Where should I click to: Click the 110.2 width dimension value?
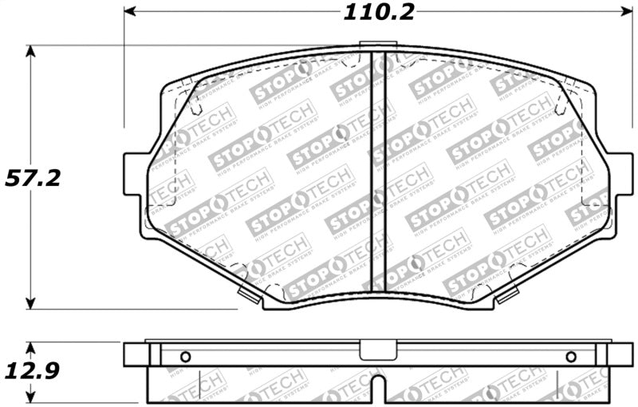(x=374, y=14)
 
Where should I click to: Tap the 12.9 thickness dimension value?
(x=33, y=373)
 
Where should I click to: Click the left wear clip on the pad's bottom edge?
(x=250, y=297)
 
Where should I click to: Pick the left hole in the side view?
(x=185, y=357)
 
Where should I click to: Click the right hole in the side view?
(x=570, y=357)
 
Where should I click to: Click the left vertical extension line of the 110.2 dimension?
(x=124, y=72)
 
